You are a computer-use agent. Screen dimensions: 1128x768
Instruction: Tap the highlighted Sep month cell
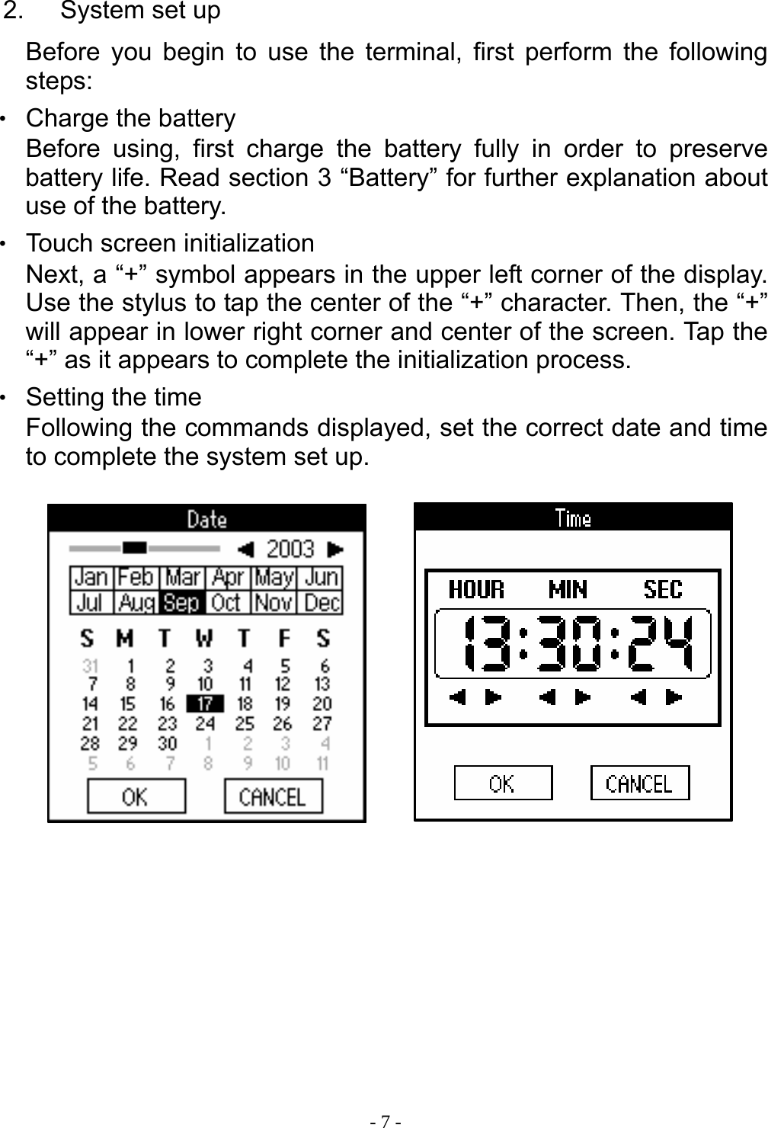(x=181, y=603)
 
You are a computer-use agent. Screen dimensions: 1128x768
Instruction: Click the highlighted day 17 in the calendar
(x=205, y=703)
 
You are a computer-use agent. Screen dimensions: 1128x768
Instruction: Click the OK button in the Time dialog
(x=503, y=784)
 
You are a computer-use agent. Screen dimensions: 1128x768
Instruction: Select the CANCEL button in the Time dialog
(x=639, y=784)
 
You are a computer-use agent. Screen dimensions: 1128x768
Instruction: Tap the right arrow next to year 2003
(x=335, y=549)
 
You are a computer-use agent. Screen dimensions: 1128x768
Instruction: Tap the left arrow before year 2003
(x=245, y=549)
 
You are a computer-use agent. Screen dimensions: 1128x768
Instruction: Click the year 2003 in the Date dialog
(x=290, y=549)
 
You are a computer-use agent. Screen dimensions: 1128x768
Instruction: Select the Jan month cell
(x=91, y=578)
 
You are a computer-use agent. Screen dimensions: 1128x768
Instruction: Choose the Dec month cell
(x=322, y=603)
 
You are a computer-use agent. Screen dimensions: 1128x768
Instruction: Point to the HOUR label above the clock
(x=476, y=589)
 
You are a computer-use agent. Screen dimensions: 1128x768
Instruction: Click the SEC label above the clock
(x=663, y=589)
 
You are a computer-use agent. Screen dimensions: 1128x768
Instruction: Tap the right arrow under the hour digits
(x=494, y=697)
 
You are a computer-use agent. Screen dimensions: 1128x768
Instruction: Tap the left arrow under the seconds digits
(x=639, y=697)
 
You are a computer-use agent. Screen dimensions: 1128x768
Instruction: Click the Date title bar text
(x=207, y=520)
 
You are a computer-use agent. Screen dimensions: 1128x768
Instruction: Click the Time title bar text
(x=573, y=518)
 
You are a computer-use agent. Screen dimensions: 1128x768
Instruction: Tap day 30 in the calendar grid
(x=167, y=743)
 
